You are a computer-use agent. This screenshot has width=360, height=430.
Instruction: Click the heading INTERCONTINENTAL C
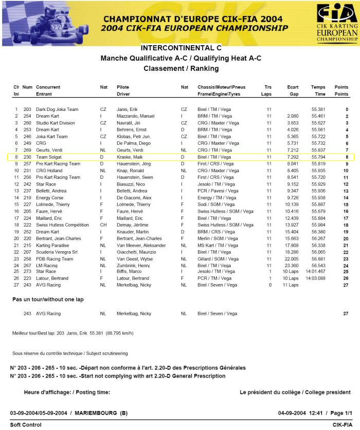(181, 48)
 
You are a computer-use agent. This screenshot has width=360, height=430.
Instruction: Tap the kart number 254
(27, 116)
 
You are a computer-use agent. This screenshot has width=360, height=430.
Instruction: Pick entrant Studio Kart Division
(56, 123)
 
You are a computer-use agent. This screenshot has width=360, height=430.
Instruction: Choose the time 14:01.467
(315, 271)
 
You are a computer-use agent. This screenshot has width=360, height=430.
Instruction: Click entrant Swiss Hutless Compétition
(62, 225)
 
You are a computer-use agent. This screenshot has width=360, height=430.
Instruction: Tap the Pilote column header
(123, 87)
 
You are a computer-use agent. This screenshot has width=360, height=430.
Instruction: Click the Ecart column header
(293, 87)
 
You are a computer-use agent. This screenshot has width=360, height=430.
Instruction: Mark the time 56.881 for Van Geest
(318, 258)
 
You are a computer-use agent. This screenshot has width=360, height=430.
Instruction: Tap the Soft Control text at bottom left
(26, 425)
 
